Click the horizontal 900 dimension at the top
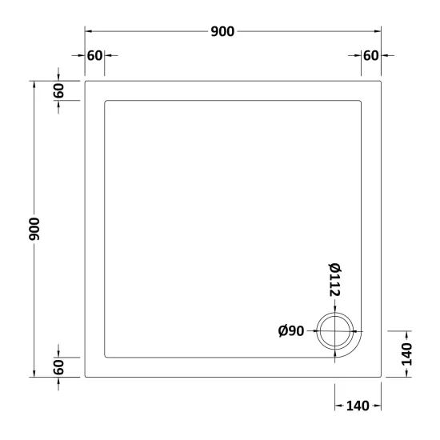tap(222, 31)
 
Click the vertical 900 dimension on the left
tap(34, 229)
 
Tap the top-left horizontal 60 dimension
tap(95, 55)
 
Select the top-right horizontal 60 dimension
tap(370, 55)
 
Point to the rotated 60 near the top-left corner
tap(58, 90)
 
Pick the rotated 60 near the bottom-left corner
tap(58, 367)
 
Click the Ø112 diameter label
tap(334, 279)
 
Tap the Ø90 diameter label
tap(291, 331)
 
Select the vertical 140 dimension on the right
tap(407, 354)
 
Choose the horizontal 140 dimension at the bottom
tap(358, 406)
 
